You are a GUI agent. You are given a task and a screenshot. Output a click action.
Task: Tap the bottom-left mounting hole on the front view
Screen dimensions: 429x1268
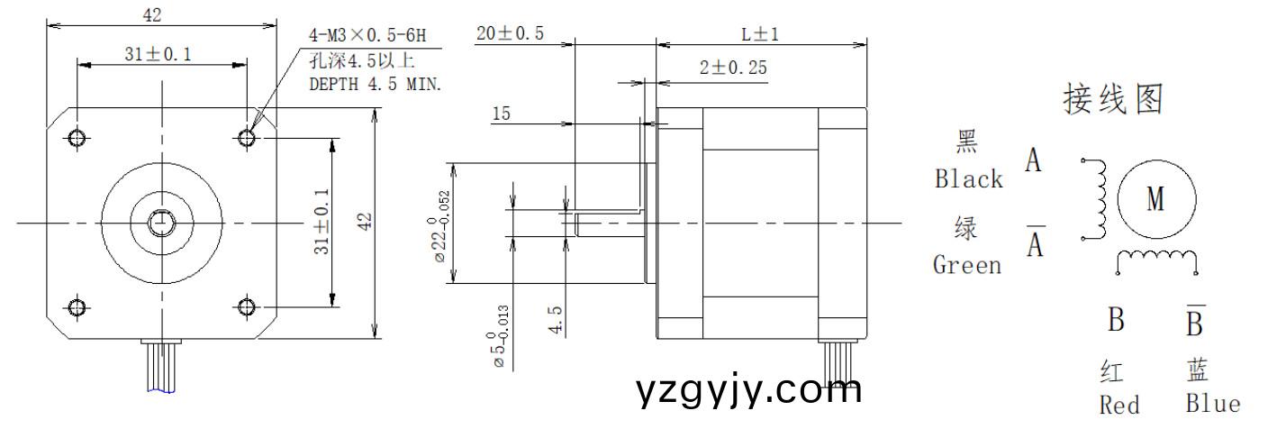77,307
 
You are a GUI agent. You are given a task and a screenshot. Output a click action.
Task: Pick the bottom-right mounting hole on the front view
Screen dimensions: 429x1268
248,307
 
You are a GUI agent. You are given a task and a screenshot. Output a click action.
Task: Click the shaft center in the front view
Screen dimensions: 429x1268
162,222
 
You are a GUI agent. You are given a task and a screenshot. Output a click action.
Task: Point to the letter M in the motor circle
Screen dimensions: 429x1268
1156,199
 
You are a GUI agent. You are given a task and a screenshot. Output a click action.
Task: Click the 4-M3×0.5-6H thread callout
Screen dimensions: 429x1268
366,37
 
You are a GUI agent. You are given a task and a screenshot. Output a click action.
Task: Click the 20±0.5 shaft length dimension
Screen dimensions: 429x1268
510,34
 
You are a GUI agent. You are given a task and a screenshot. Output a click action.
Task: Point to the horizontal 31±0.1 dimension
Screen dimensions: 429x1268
158,55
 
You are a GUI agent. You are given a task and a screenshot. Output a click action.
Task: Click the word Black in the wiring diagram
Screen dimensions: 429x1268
968,179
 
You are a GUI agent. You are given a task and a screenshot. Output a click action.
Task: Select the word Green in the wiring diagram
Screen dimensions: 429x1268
966,265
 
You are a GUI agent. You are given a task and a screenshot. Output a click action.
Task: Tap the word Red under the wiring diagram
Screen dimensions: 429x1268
1119,405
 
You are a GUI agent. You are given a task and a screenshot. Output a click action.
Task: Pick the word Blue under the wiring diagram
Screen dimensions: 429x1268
1211,405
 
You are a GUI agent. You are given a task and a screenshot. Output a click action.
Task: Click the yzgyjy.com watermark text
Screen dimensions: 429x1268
748,391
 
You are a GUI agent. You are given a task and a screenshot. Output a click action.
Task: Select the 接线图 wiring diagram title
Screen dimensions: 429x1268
1113,99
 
